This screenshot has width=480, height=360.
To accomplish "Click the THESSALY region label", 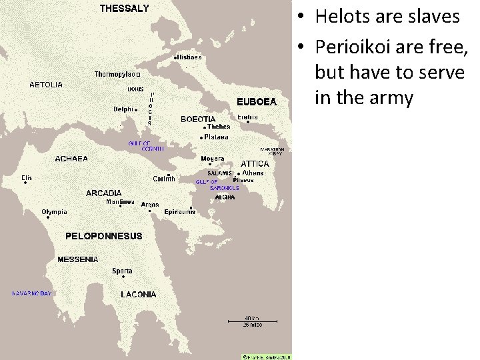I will [125, 9].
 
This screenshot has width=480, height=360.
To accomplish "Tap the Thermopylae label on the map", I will [115, 74].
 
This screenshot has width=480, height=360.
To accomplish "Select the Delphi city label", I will [123, 109].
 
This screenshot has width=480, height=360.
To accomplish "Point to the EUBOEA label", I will [256, 102].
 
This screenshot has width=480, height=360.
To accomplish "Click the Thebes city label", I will [219, 127].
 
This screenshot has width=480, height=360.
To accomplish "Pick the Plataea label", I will [216, 137].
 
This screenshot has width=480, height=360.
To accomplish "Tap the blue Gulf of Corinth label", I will [146, 146].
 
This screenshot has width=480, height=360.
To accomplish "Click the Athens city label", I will [253, 173].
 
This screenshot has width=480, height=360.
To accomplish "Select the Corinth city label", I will [164, 179].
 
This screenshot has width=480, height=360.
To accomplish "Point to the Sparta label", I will [122, 271].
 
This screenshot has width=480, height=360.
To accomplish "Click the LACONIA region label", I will [139, 294].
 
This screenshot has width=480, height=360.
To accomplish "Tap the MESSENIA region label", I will [77, 259].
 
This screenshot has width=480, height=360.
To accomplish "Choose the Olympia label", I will [55, 212].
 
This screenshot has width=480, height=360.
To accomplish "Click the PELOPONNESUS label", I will [103, 236].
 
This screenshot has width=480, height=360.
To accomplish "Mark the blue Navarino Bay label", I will [31, 293].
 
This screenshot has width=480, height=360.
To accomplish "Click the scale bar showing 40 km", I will [252, 321].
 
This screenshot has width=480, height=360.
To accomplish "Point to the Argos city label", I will [150, 205].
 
